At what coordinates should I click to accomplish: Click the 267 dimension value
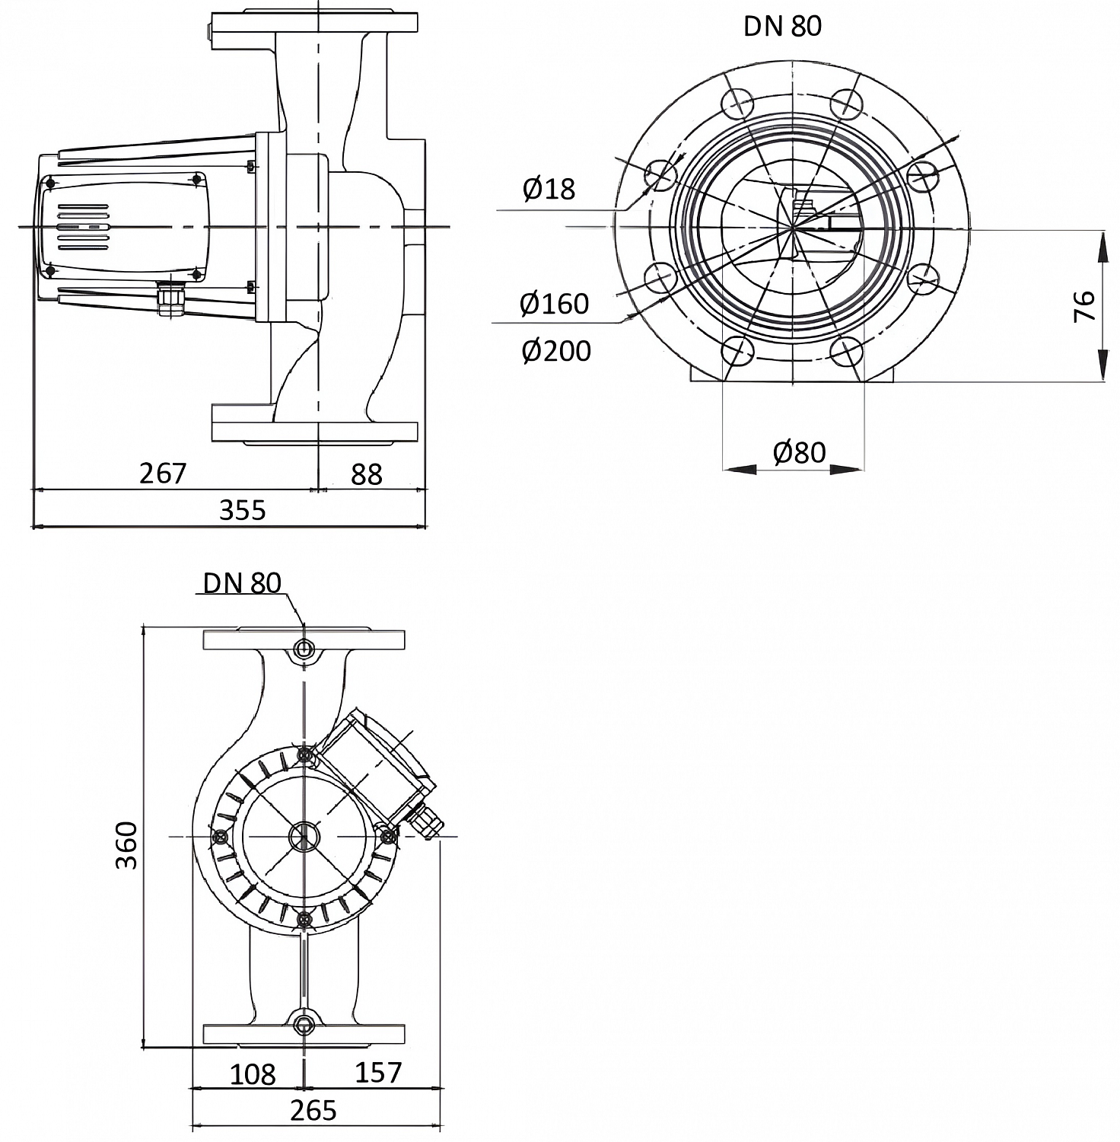pos(163,473)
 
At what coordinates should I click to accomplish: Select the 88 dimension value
pos(366,474)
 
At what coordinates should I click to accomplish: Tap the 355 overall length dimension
pos(243,509)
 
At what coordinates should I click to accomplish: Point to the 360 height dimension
pos(126,845)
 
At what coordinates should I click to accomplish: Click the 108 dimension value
pos(253,1074)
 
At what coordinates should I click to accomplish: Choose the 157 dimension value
pos(377,1072)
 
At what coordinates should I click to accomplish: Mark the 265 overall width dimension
pos(313,1111)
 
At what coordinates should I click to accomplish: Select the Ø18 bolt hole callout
pos(549,189)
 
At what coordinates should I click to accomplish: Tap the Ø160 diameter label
pos(554,304)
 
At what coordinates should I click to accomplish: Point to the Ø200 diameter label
pos(556,351)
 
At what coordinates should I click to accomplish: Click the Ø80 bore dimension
pos(799,452)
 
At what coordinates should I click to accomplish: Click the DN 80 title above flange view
pos(782,26)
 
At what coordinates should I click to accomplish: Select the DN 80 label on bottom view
pos(242,583)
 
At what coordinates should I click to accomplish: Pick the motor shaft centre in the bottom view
pos(304,837)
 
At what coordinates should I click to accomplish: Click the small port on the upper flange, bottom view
pos(304,649)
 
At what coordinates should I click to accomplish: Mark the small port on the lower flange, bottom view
pos(304,1023)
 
